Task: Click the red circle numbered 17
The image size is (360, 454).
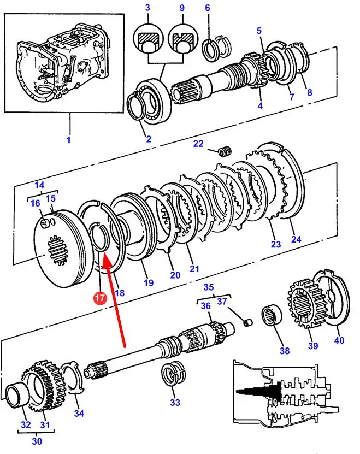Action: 99,298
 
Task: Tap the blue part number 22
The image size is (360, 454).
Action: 198,144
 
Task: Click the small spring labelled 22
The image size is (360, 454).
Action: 223,150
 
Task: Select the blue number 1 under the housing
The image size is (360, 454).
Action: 68,140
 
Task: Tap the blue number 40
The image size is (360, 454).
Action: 339,340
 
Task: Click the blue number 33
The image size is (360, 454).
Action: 175,403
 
